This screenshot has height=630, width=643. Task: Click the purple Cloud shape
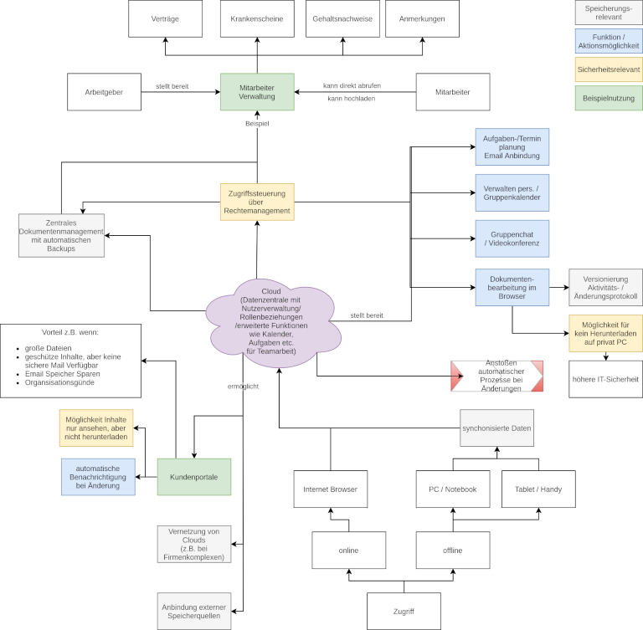[x=272, y=322]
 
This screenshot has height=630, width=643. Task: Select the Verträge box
[x=165, y=18]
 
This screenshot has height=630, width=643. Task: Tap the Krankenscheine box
[x=257, y=18]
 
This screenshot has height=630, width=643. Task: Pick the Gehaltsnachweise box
[x=342, y=18]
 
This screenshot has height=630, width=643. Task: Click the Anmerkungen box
[x=422, y=18]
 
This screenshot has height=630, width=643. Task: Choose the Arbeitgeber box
[x=104, y=92]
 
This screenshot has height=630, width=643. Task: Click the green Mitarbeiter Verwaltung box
[x=257, y=92]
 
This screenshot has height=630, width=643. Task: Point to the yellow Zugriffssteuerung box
[x=257, y=202]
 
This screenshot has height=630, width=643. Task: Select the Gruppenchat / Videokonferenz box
[x=512, y=238]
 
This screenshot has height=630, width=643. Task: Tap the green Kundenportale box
[x=194, y=477]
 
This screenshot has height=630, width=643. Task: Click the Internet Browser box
[x=330, y=489]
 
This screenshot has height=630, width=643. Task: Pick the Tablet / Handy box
[x=538, y=489]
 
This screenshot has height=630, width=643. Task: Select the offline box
[x=453, y=551]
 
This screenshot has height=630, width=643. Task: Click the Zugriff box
[x=404, y=612]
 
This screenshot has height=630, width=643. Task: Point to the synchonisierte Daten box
[x=496, y=428]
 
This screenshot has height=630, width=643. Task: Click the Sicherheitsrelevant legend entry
[x=609, y=69]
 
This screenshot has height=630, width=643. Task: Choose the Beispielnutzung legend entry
[x=609, y=98]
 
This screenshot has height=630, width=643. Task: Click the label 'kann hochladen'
[x=351, y=99]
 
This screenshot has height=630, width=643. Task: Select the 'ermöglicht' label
[x=243, y=386]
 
